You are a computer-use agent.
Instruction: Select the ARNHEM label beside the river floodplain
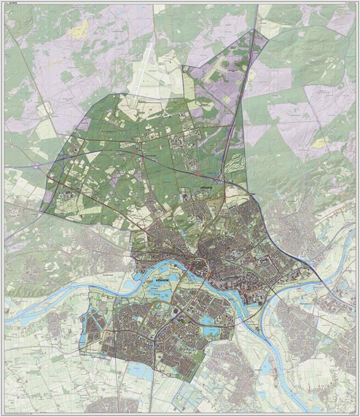click(x=146, y=280)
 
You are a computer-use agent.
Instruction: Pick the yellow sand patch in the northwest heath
click(x=79, y=26)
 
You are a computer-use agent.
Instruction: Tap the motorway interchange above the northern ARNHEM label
click(x=220, y=179)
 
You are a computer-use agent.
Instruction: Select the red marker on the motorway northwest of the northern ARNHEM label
click(x=196, y=175)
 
